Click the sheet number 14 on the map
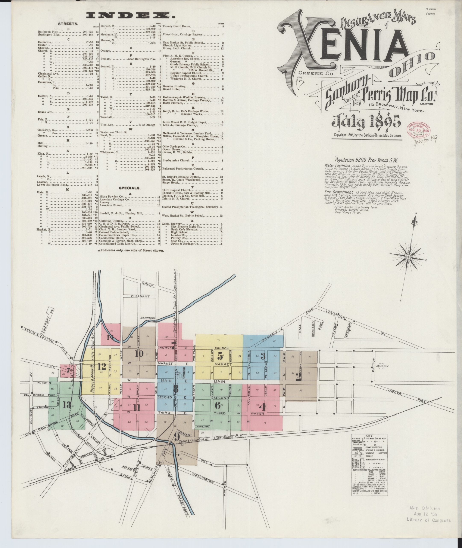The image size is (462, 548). point(110,338)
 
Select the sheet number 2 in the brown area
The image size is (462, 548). point(299,377)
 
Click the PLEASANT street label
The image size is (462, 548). point(140,296)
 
